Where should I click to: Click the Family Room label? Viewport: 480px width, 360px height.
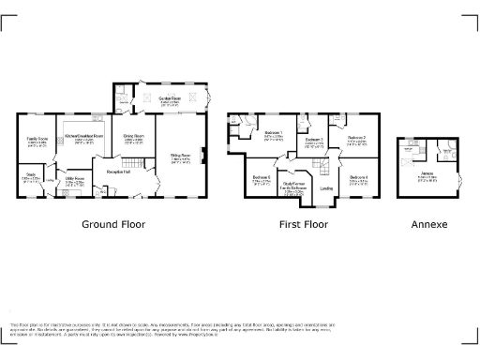pos(37,138)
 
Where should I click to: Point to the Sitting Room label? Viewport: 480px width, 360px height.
pos(180,155)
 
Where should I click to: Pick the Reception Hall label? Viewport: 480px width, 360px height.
pos(118,172)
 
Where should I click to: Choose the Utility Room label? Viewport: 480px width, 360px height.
pos(75,177)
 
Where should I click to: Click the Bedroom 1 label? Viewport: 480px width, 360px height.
pos(274,133)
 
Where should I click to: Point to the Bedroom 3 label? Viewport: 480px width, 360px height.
pos(313,140)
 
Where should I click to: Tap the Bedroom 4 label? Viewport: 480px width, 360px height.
pos(359,177)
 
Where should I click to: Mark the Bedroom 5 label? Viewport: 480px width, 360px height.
pos(262,177)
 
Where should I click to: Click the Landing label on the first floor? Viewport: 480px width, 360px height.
pos(326,188)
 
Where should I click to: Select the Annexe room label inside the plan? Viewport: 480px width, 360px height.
pos(427,173)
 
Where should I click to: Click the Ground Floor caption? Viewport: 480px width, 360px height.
pos(112,225)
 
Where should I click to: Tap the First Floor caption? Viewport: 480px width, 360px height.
pos(304,225)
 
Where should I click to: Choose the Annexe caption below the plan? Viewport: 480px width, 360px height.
pos(428,225)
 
